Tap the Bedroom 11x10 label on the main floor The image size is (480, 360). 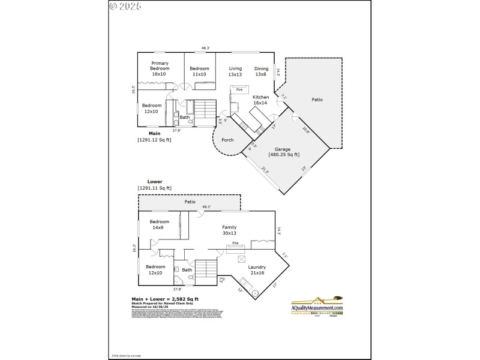coord(199,71)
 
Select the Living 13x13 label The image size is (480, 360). coord(235,71)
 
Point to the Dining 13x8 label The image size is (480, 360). coord(261,71)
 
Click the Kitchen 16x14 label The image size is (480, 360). coord(260,100)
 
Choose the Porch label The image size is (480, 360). coord(228,140)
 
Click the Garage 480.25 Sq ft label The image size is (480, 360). coord(283,152)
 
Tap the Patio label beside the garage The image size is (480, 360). coord(317,99)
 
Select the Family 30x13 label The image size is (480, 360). coord(229,230)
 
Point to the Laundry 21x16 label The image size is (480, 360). coord(257,270)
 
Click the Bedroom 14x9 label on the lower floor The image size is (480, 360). coord(160,225)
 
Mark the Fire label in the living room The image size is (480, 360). coord(239,89)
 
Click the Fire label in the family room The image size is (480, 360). coord(236,243)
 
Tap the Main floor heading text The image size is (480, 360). coord(154,133)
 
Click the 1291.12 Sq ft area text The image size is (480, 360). coord(154,140)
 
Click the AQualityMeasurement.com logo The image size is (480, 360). coord(317,306)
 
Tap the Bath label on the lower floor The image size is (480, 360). coord(187,270)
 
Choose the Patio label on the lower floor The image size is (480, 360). coord(190,202)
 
